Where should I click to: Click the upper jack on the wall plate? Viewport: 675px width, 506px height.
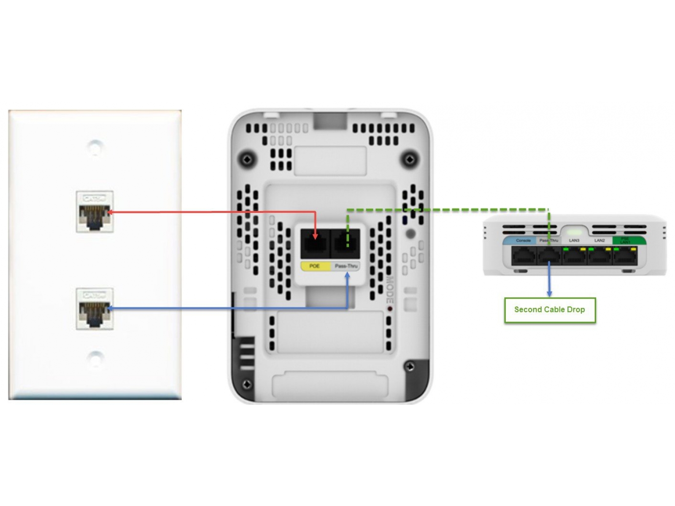click(x=94, y=212)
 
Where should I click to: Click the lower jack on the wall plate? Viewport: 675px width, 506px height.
click(x=94, y=309)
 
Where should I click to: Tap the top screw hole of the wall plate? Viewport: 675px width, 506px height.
click(x=95, y=148)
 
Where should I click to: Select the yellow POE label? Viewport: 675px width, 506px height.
click(x=315, y=266)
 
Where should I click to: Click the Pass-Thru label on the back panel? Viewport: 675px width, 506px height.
click(x=346, y=266)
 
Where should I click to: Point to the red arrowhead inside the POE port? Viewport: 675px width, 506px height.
click(x=315, y=237)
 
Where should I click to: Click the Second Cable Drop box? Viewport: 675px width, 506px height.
click(x=550, y=310)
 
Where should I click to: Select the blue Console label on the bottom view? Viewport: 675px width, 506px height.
click(x=523, y=240)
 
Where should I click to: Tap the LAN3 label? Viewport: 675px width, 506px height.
click(x=574, y=240)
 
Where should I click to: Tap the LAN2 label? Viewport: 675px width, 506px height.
click(x=599, y=240)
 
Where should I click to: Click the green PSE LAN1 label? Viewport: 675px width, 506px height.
click(x=625, y=240)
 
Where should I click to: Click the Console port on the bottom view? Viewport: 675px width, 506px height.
click(x=524, y=256)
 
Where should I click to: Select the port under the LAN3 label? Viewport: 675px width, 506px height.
click(x=575, y=256)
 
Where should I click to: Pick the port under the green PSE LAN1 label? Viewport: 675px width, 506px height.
click(x=625, y=256)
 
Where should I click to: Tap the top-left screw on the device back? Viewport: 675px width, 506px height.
click(x=247, y=159)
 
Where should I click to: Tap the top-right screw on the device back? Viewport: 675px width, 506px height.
click(x=409, y=159)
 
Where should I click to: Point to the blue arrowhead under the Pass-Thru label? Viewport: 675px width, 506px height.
click(x=347, y=275)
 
